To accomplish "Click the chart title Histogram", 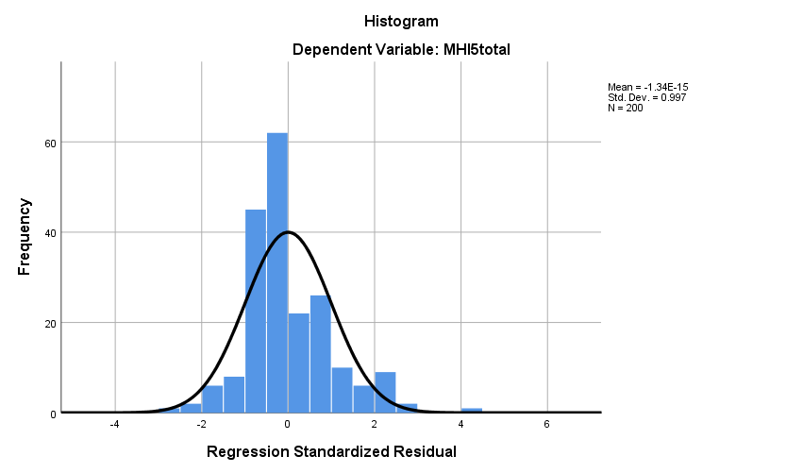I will point(401,21).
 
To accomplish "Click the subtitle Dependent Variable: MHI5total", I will point(401,50).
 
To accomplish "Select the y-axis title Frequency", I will point(25,237).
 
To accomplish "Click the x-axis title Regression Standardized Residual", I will point(331,451).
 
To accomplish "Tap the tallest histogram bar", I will point(277,274).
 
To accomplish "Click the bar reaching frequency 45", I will point(256,312).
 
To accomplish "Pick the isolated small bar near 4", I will point(472,410).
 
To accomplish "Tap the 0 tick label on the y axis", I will point(51,414).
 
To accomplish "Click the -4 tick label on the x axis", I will point(114,424).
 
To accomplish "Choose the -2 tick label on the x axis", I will point(201,424).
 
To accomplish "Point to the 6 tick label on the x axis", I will point(547,424).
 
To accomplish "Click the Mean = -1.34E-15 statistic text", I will point(654,88).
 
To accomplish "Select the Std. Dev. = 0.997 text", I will point(648,97).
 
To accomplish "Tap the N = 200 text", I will point(626,108).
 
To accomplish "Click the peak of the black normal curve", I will point(288,232).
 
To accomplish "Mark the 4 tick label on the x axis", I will point(460,424).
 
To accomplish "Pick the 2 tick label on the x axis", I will point(375,424).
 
